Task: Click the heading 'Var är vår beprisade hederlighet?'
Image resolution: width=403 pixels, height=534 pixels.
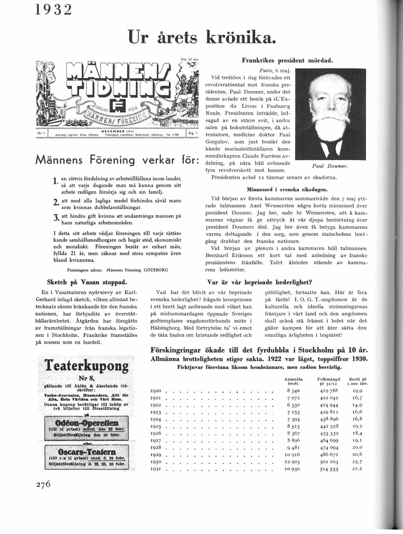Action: click(x=259, y=282)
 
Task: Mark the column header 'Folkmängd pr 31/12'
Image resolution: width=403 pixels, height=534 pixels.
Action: click(x=328, y=381)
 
